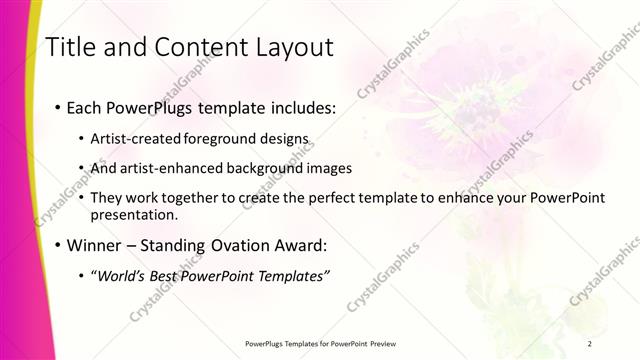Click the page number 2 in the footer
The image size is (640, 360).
pyautogui.click(x=590, y=343)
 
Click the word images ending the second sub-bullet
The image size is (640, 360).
pyautogui.click(x=330, y=168)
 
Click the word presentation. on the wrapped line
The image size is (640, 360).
pyautogui.click(x=134, y=214)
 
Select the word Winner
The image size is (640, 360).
pyautogui.click(x=96, y=244)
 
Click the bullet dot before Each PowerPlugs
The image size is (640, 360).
pyautogui.click(x=58, y=106)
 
